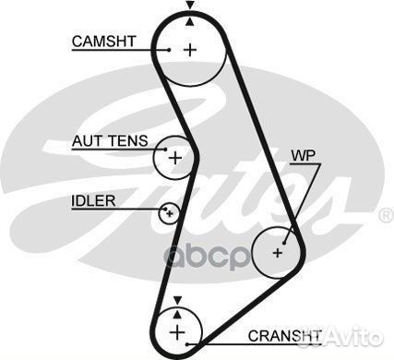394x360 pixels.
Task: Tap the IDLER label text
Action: point(92,200)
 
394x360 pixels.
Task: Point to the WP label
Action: point(302,155)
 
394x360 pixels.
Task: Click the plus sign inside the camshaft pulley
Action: point(190,49)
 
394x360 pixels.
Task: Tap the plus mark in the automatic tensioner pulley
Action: point(175,157)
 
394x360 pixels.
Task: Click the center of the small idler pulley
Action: point(168,214)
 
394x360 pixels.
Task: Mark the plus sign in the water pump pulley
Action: point(279,251)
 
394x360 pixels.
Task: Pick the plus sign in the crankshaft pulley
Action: point(176,330)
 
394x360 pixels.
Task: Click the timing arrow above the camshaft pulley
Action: point(190,6)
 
